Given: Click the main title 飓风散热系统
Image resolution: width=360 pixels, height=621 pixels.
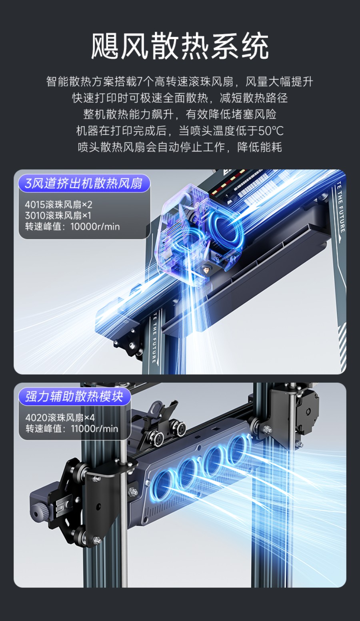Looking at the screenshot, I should pos(180,46).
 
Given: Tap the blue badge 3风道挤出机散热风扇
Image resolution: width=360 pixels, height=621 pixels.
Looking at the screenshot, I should pos(84,184).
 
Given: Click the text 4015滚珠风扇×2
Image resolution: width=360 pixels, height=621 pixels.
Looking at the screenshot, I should pos(58,205).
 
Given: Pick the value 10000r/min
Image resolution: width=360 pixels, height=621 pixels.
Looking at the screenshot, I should pos(95,227).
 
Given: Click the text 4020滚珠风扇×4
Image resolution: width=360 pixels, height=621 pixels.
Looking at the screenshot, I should pos(60,418).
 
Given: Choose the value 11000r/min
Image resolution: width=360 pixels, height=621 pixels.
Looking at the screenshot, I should pos(94,429).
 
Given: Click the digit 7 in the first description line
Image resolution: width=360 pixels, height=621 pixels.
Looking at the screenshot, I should pos(140,82).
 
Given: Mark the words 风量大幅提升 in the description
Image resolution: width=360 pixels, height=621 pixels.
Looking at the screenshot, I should pos(279,82).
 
